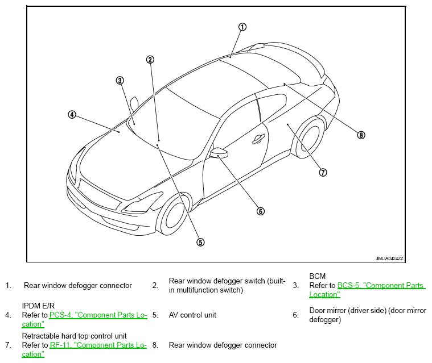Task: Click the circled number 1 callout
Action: click(x=242, y=27)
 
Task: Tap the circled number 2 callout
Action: click(x=150, y=60)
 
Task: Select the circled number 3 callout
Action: click(x=120, y=81)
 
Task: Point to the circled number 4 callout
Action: click(x=72, y=115)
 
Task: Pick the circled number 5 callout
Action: click(x=200, y=242)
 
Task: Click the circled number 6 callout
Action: click(x=261, y=211)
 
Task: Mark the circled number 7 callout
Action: click(x=323, y=173)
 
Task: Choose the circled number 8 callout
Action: click(x=361, y=135)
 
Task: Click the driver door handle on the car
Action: click(x=259, y=139)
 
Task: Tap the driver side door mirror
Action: click(x=219, y=153)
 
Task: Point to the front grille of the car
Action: click(x=100, y=194)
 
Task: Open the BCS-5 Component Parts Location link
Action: click(x=367, y=290)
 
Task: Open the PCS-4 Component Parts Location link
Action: click(x=84, y=319)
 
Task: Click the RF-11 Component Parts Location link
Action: click(x=84, y=349)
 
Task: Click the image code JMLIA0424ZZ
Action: click(x=389, y=258)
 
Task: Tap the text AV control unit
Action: click(x=192, y=315)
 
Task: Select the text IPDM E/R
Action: click(x=38, y=306)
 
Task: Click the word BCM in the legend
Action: click(x=318, y=276)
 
